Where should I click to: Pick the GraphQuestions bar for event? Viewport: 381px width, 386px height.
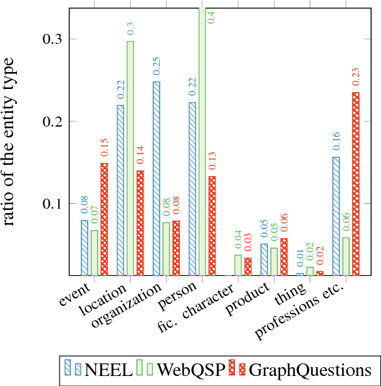104,219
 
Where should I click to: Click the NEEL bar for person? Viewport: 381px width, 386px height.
192,189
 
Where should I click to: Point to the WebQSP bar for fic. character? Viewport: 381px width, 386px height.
238,264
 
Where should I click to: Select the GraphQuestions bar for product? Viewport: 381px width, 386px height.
284,256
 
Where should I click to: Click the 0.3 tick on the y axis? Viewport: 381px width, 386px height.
51,39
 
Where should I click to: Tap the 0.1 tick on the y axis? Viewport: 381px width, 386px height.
51,204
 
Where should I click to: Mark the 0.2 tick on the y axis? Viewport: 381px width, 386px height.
51,122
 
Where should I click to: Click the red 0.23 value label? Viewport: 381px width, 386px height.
356,76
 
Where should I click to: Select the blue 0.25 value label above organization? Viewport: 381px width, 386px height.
156,66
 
